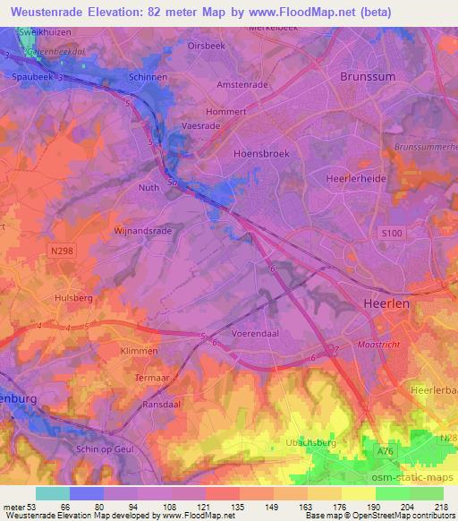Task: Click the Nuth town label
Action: pos(148,187)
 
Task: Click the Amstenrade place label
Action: pos(243,85)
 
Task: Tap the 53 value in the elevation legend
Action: pos(34,506)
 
